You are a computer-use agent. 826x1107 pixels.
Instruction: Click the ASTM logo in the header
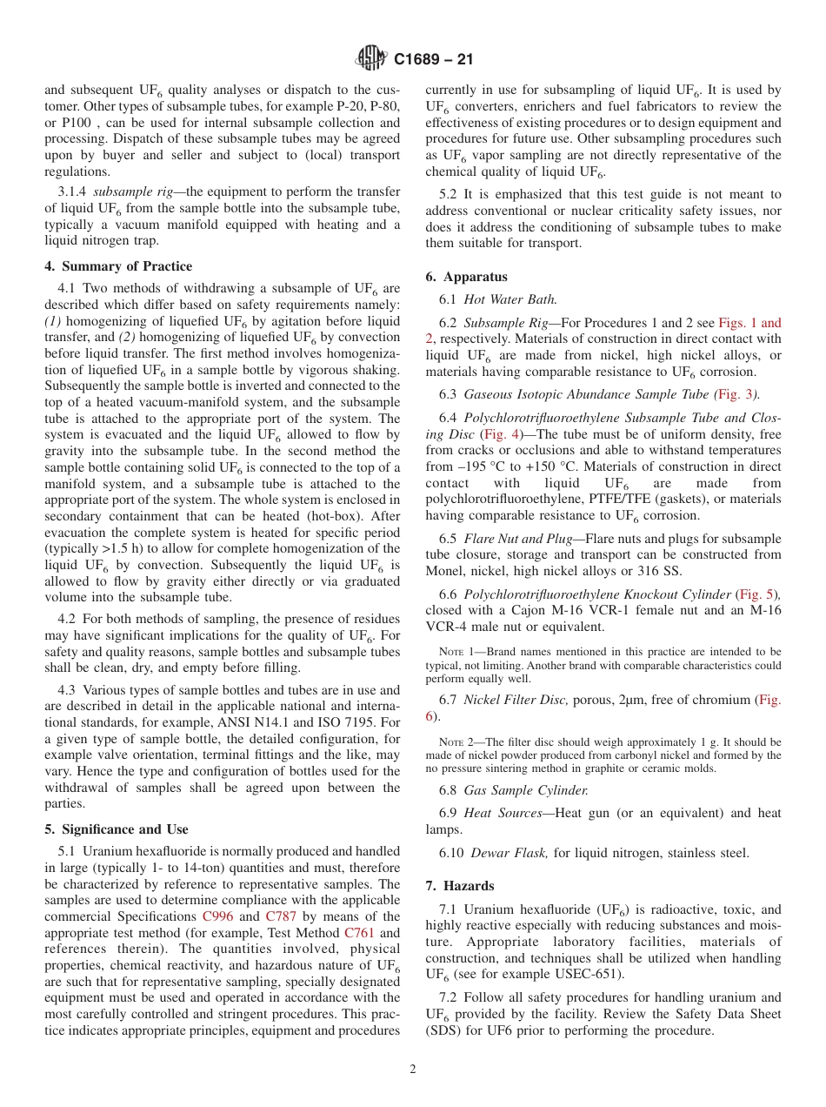point(371,59)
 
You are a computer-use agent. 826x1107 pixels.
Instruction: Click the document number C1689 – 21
point(434,60)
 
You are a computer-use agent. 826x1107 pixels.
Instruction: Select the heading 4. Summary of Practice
point(119,266)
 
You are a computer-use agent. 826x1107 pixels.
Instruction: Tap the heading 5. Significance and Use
point(117,829)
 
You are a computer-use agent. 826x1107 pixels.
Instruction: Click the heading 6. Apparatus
point(466,277)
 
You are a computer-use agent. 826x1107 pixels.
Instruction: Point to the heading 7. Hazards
point(460,886)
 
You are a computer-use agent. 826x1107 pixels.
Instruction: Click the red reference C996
point(217,916)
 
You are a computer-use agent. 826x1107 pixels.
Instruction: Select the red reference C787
point(282,916)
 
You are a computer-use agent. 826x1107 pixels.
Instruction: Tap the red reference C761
point(359,933)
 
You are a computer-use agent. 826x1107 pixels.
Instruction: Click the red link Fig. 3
point(736,394)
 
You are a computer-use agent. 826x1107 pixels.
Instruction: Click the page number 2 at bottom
point(413,1070)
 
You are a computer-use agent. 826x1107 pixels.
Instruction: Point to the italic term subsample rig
point(130,191)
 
